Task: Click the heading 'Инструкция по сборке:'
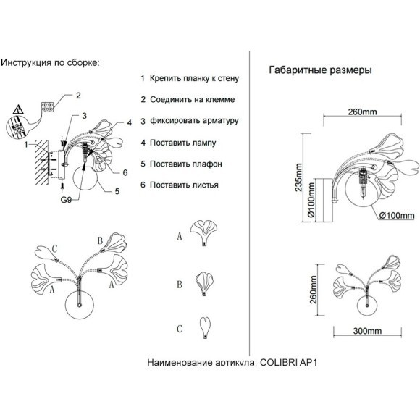pos(50,63)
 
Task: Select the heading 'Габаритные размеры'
pos(320,70)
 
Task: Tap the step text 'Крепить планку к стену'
pos(194,78)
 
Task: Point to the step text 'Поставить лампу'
pos(183,143)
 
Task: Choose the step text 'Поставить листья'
pos(184,185)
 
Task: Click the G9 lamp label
pos(66,200)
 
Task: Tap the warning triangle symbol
pos(18,109)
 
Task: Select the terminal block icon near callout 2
pos(47,106)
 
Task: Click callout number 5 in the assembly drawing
pos(117,191)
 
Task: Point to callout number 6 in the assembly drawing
pos(125,173)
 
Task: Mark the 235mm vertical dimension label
pos(298,177)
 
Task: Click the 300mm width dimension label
pos(367,331)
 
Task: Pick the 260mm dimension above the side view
pos(362,112)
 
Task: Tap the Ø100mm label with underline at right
pos(397,215)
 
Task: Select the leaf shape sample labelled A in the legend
pos(203,232)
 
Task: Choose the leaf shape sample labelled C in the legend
pos(205,328)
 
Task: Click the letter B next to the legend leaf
pos(180,285)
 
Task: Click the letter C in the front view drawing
pos(54,249)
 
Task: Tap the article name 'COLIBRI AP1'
pos(289,362)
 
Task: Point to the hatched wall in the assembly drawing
pos(42,162)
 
